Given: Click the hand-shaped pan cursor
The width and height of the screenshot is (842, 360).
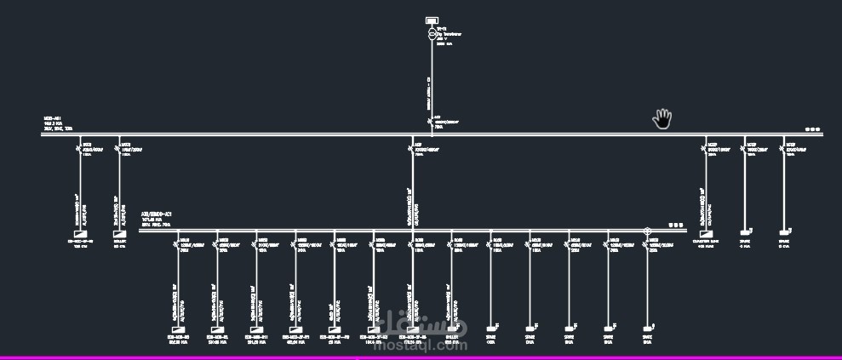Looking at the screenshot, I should tap(662, 119).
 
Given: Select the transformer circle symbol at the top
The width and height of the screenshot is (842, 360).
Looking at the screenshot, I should tap(432, 35).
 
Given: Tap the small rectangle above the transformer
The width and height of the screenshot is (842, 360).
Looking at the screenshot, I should tap(432, 20).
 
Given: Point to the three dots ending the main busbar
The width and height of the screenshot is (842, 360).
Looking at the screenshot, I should tap(813, 130).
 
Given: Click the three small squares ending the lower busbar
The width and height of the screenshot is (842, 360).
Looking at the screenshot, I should tap(676, 226).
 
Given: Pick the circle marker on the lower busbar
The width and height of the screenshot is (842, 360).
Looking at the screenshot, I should tap(647, 231).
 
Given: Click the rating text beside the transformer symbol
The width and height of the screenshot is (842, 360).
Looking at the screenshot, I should tap(449, 35).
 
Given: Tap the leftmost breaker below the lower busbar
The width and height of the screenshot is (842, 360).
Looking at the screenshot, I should tap(178, 245).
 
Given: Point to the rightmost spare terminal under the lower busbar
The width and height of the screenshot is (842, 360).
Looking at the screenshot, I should tap(647, 327).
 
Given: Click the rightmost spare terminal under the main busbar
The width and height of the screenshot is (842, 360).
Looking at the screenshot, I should tap(784, 231).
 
